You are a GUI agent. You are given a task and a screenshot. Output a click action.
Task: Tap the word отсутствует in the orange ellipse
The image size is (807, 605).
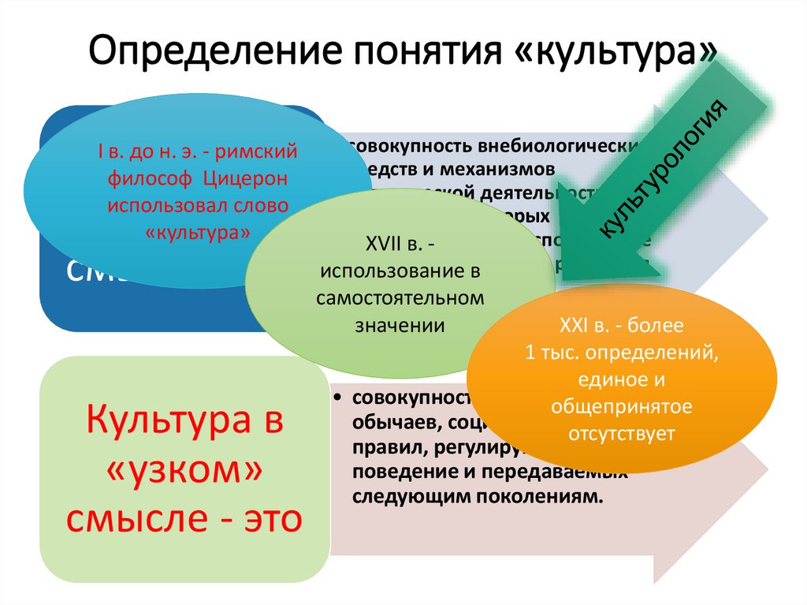tap(622, 433)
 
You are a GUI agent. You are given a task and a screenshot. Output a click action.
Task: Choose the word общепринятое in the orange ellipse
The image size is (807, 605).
tap(622, 406)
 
